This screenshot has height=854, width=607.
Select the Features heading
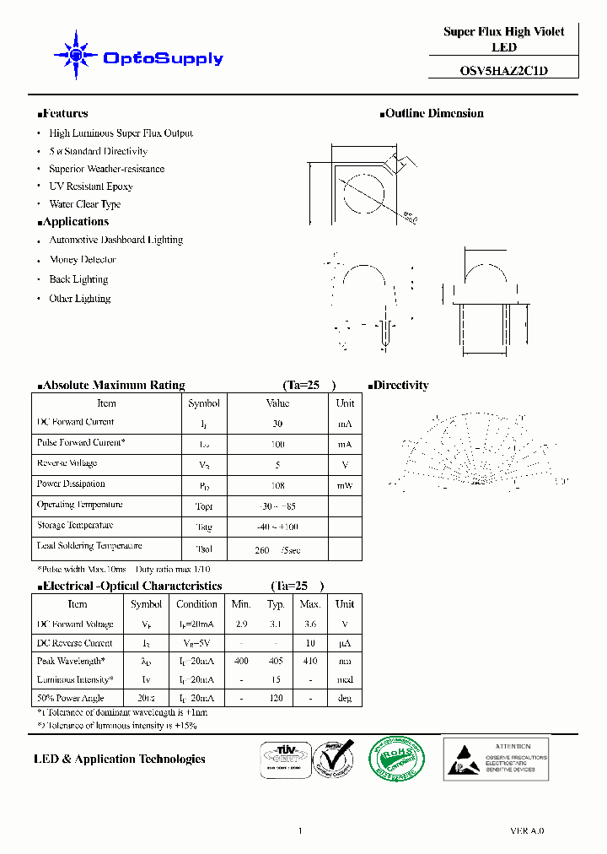click(x=64, y=113)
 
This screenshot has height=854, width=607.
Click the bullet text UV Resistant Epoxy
click(x=90, y=186)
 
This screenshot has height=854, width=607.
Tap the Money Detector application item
click(x=82, y=260)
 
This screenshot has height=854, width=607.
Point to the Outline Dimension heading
click(x=432, y=113)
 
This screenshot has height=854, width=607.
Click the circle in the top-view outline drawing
click(x=366, y=195)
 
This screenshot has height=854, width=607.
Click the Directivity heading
click(x=399, y=385)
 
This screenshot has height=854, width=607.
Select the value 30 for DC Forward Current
click(x=277, y=424)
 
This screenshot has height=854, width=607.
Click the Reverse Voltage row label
click(x=67, y=463)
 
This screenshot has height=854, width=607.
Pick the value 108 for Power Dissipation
click(x=277, y=485)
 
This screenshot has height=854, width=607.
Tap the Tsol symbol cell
click(x=204, y=549)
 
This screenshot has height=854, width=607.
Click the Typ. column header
click(x=276, y=604)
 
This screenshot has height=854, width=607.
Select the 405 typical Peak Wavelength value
click(x=276, y=661)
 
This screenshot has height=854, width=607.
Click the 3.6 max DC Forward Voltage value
click(x=310, y=624)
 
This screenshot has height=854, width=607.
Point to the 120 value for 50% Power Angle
click(x=276, y=698)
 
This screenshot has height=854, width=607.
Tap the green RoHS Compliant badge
click(x=398, y=757)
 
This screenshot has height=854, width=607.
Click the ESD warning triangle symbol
click(x=464, y=758)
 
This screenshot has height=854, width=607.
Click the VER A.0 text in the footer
click(x=527, y=831)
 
